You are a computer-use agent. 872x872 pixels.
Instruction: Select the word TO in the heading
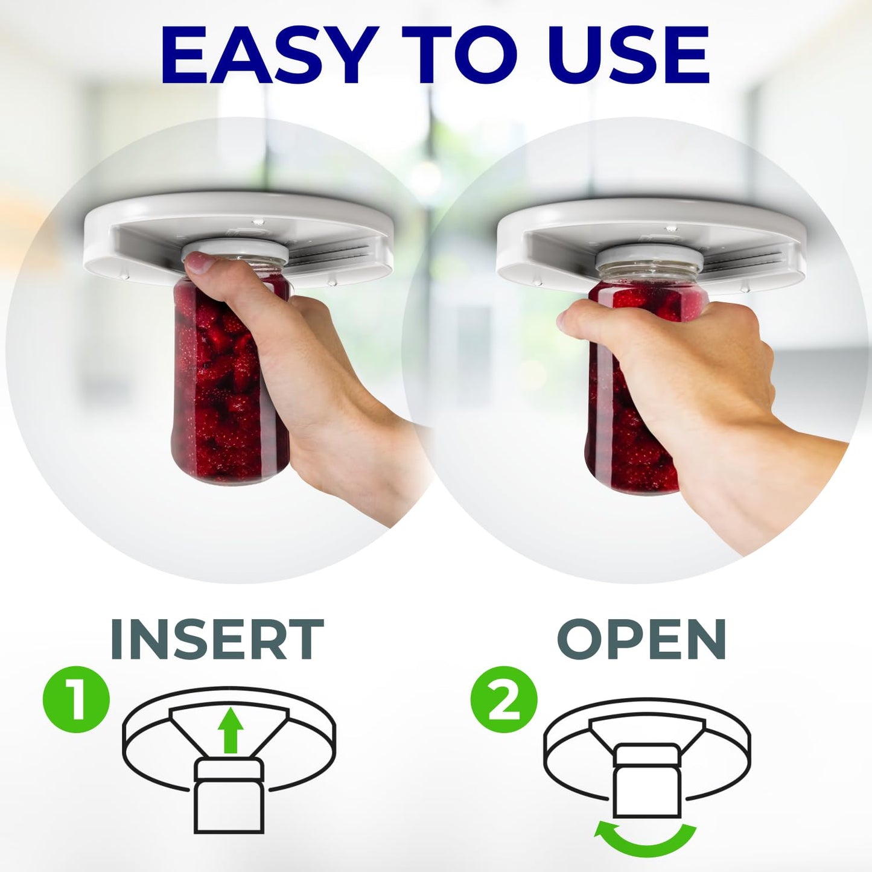(x=459, y=55)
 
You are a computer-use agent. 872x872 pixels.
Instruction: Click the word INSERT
(x=217, y=640)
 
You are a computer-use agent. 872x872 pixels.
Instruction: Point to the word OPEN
(x=641, y=640)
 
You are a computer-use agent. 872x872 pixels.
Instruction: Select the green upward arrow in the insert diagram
(x=230, y=730)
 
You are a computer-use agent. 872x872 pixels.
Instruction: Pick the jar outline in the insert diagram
(x=229, y=797)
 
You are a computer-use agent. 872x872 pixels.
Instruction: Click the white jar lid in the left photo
(x=232, y=250)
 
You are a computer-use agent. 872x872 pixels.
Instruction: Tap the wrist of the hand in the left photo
(x=362, y=459)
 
